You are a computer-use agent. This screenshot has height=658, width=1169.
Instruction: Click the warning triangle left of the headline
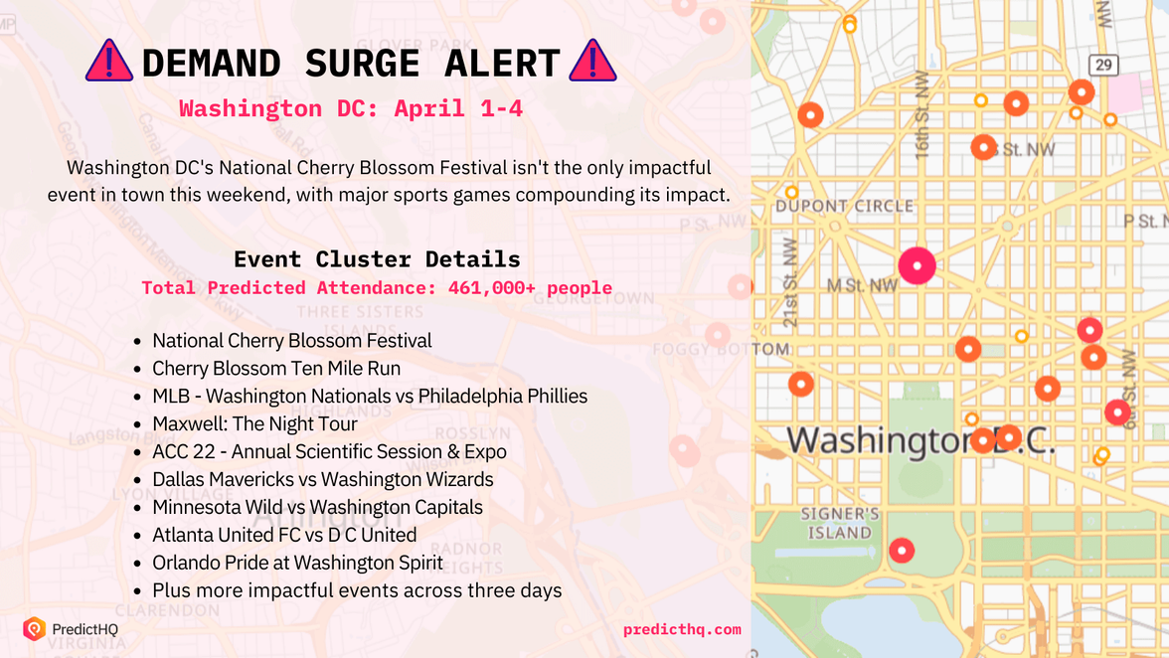click(x=109, y=63)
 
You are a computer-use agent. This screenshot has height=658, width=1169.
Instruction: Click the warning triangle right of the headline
click(x=592, y=63)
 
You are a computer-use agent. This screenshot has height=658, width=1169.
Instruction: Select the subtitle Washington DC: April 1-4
click(x=351, y=108)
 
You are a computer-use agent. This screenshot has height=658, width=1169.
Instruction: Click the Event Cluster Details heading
click(x=377, y=259)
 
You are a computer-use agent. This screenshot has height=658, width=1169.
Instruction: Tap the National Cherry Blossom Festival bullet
click(x=292, y=340)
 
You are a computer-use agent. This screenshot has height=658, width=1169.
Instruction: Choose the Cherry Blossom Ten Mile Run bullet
click(x=276, y=368)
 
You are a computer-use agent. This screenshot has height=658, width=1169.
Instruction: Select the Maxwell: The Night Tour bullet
click(x=254, y=423)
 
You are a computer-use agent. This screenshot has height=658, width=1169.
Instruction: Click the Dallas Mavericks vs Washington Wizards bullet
click(x=323, y=479)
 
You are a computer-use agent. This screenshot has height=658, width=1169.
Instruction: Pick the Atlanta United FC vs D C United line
click(x=284, y=535)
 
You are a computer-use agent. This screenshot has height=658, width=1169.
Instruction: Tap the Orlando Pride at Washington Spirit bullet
click(x=297, y=563)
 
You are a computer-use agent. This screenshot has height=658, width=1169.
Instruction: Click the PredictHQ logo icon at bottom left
click(x=35, y=628)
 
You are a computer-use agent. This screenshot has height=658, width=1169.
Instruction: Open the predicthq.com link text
click(x=682, y=629)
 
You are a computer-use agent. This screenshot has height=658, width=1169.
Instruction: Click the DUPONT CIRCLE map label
click(x=844, y=207)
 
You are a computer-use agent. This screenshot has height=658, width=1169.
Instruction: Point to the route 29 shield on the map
click(x=1103, y=66)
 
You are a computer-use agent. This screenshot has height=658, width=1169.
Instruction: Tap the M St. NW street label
click(x=862, y=286)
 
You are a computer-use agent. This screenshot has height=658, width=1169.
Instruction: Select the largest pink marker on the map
click(x=917, y=265)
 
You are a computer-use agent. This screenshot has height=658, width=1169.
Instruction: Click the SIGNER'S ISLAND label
click(x=840, y=523)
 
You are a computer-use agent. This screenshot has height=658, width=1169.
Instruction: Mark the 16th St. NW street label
click(x=923, y=128)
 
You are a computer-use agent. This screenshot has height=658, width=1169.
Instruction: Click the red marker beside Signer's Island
click(x=902, y=550)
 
